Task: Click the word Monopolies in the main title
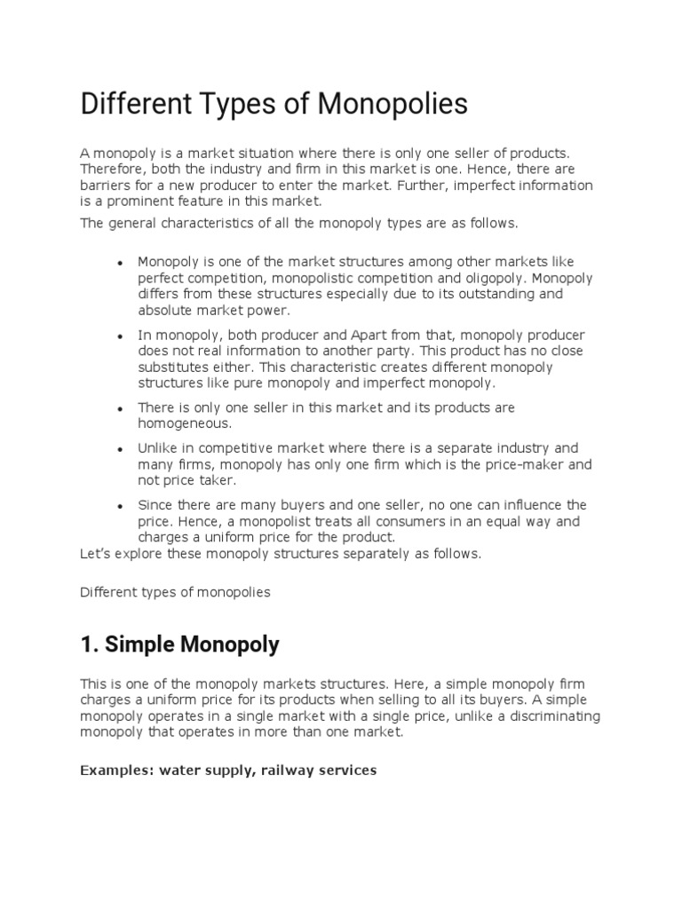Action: [393, 104]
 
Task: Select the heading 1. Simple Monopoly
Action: [179, 644]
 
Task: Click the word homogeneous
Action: [184, 423]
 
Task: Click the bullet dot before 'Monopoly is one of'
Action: [119, 264]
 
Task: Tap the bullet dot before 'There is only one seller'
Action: [119, 409]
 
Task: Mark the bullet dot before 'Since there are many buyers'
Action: [119, 507]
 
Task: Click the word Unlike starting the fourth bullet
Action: [157, 448]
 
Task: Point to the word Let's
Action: [93, 554]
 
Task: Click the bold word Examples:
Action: [116, 771]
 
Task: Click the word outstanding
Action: [503, 294]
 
